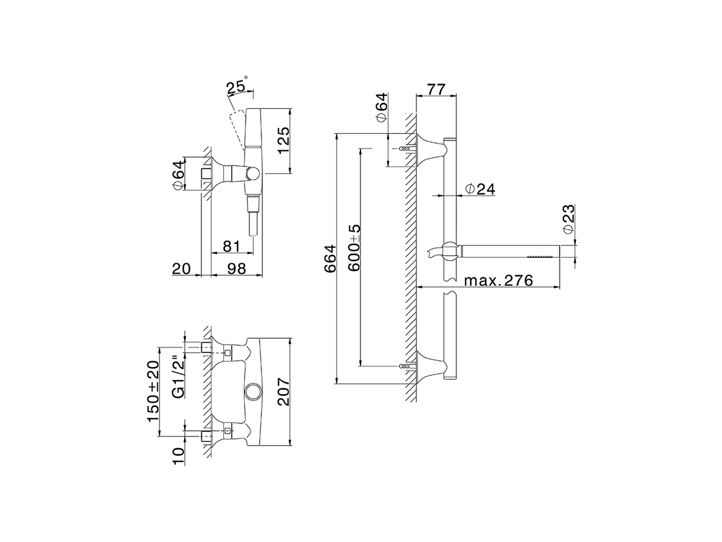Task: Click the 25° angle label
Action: pyautogui.click(x=237, y=88)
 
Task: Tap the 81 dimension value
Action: pyautogui.click(x=231, y=246)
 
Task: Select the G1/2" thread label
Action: pyautogui.click(x=177, y=377)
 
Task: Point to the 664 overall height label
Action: pyautogui.click(x=329, y=259)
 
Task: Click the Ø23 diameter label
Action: pyautogui.click(x=568, y=219)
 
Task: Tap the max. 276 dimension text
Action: pyautogui.click(x=498, y=280)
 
